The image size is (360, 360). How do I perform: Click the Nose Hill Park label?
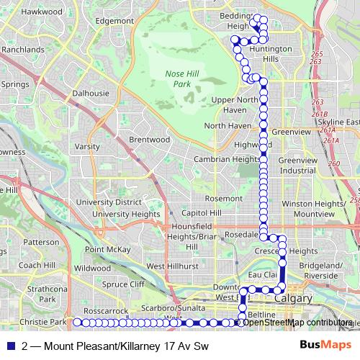(176, 79)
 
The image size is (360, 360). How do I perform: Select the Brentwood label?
(149, 139)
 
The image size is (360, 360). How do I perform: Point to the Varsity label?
(87, 146)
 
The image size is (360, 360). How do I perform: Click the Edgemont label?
(114, 21)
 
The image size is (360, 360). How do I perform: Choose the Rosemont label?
(223, 198)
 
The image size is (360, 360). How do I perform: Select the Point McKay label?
(107, 249)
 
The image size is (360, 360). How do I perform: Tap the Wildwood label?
(92, 268)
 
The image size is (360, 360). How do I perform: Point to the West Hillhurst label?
(172, 266)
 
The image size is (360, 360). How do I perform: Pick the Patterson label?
(41, 243)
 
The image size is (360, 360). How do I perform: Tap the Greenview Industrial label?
(297, 165)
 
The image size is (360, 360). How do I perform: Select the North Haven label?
(228, 125)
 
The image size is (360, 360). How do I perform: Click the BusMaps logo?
(325, 346)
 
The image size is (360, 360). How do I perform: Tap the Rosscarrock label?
(105, 311)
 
